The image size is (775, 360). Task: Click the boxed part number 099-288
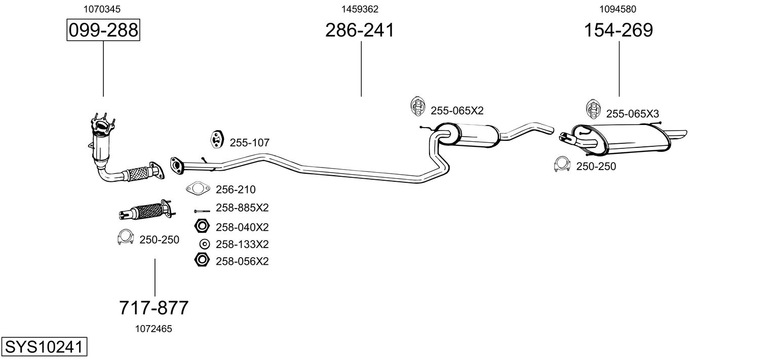tap(103, 30)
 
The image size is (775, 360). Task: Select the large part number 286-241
tap(360, 30)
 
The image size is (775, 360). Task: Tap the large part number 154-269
tap(618, 30)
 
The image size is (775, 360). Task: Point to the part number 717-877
tap(154, 307)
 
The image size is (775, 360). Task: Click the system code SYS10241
tap(44, 348)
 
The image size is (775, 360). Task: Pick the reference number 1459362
tap(360, 9)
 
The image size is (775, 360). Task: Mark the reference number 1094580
tap(618, 9)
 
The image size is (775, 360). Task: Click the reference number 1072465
tap(153, 329)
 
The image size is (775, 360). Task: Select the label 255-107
tap(249, 143)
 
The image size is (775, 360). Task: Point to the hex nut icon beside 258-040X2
tap(202, 226)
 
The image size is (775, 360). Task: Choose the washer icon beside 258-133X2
tap(204, 244)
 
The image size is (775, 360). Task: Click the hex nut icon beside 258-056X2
tap(202, 261)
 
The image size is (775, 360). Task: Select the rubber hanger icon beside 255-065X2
tap(417, 105)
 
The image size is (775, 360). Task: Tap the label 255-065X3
tap(632, 114)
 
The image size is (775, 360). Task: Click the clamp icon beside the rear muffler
tap(562, 164)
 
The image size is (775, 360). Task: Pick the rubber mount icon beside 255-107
tap(217, 139)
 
